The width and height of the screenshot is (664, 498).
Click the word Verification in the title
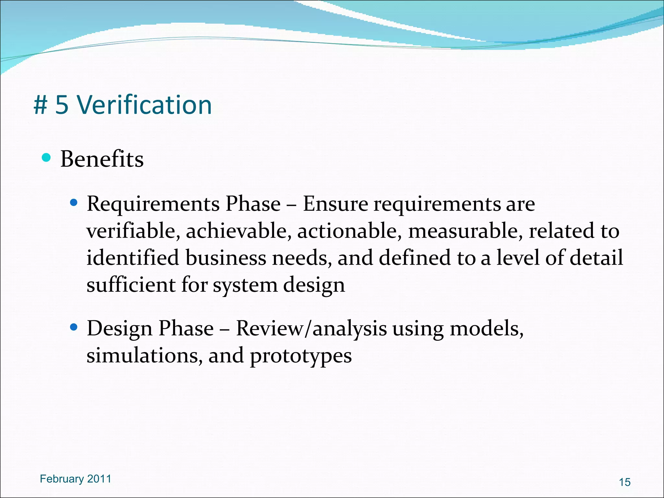(144, 105)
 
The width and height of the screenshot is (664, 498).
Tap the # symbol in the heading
(41, 106)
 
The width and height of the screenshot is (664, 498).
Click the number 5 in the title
(62, 105)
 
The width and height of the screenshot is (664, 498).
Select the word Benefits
(102, 160)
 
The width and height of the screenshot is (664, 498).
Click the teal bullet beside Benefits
(46, 158)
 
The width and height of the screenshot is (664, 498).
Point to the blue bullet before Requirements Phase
(74, 203)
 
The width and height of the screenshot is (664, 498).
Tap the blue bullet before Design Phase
(74, 327)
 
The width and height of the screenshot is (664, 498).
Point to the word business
(226, 258)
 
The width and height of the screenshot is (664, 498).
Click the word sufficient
(131, 285)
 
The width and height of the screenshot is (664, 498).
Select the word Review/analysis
(311, 329)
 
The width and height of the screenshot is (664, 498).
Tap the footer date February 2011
(75, 479)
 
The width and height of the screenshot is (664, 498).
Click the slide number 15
(624, 482)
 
